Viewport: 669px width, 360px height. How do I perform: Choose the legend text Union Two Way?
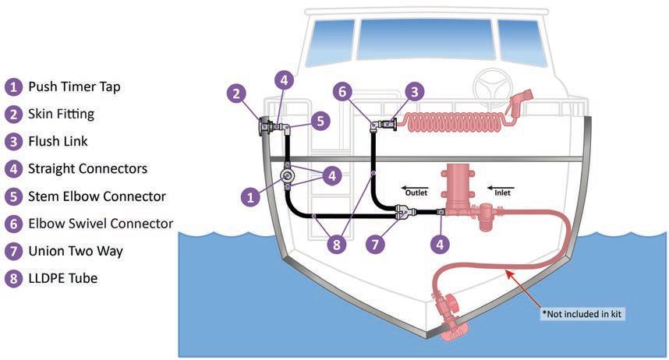click(75, 251)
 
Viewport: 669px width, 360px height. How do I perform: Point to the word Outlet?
click(416, 188)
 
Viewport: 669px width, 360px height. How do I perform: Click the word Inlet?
click(501, 188)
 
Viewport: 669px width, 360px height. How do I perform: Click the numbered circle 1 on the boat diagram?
click(251, 197)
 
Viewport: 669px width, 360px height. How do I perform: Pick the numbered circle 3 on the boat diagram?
click(415, 92)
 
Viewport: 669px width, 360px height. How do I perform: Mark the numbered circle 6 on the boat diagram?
click(342, 92)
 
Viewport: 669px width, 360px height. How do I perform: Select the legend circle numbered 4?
click(12, 168)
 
